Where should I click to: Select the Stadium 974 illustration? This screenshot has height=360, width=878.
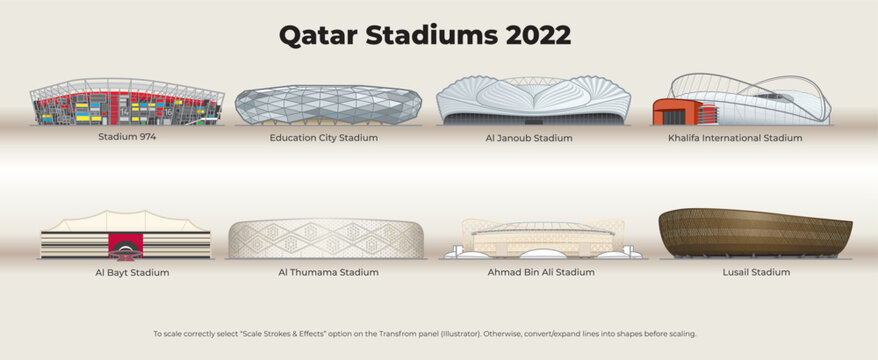pyautogui.click(x=127, y=103)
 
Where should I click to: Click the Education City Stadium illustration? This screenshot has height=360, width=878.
pyautogui.click(x=326, y=105)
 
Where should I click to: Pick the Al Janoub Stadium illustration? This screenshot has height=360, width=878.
pyautogui.click(x=534, y=101)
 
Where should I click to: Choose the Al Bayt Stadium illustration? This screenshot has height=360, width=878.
pyautogui.click(x=125, y=236)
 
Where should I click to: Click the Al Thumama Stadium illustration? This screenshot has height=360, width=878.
pyautogui.click(x=326, y=239)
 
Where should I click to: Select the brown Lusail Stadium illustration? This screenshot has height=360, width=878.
pyautogui.click(x=755, y=233)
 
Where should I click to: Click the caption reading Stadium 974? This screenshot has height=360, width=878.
pyautogui.click(x=127, y=136)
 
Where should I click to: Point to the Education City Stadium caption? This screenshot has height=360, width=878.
pyautogui.click(x=324, y=138)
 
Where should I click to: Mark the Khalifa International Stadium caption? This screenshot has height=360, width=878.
pyautogui.click(x=735, y=138)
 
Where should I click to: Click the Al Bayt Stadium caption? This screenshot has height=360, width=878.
pyautogui.click(x=125, y=272)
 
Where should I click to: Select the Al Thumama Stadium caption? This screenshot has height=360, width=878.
pyautogui.click(x=328, y=272)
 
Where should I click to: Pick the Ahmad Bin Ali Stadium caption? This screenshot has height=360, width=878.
pyautogui.click(x=541, y=272)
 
